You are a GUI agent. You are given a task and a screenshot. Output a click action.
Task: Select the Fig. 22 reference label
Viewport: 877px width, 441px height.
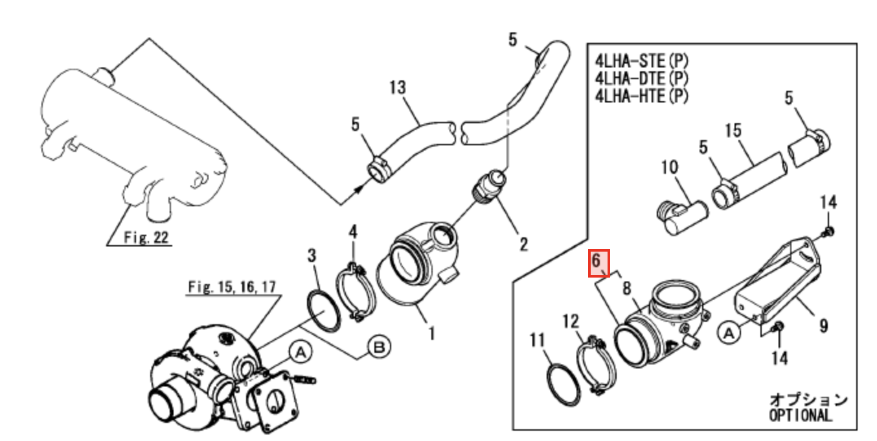tap(146, 238)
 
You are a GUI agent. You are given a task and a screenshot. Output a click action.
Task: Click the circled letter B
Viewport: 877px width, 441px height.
tap(379, 348)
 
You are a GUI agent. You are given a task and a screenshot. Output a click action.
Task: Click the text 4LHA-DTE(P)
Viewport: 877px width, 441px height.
tap(641, 78)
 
